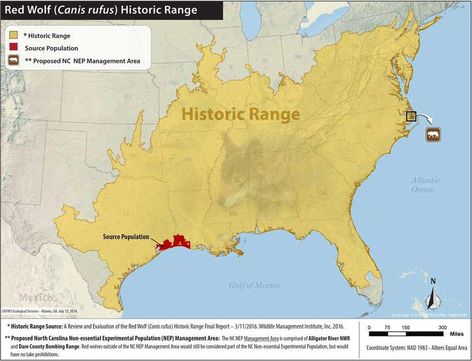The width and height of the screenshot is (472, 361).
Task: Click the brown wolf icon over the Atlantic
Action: click(x=433, y=135)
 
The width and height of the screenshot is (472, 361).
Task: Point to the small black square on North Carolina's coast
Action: click(x=411, y=116)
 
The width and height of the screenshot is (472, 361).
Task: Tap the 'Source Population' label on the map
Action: click(x=126, y=237)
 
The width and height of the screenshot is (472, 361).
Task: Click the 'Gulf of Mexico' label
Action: click(x=255, y=285)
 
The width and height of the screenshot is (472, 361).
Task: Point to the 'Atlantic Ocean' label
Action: click(x=426, y=185)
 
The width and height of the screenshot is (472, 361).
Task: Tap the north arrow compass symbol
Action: click(x=433, y=296)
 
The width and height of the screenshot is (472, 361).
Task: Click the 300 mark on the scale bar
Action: click(x=441, y=328)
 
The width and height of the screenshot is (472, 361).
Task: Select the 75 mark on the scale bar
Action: click(x=387, y=328)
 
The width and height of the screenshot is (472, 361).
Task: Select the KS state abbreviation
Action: click(x=128, y=97)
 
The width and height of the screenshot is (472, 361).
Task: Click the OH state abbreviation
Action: click(x=298, y=57)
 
